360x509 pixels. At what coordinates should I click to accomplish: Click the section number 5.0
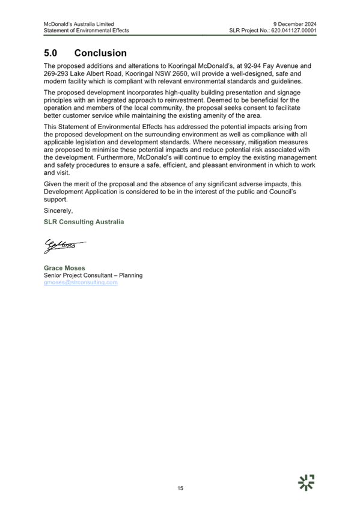[x=50, y=53]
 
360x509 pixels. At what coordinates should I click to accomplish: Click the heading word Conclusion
[x=100, y=53]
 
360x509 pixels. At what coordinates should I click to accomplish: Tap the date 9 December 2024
[x=294, y=24]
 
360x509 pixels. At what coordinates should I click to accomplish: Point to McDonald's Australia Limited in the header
[x=79, y=24]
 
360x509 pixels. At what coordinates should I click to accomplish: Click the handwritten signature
[x=65, y=246]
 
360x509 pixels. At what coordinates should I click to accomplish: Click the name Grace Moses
[x=64, y=268]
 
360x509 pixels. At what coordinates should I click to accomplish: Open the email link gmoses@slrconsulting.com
[x=81, y=282]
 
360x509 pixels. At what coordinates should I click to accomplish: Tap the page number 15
[x=180, y=488]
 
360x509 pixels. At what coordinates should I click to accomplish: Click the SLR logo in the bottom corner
[x=306, y=483]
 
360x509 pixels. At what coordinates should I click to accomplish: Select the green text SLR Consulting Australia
[x=84, y=222]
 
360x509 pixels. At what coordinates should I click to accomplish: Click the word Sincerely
[x=58, y=211]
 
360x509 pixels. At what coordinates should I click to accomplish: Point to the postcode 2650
[x=180, y=74]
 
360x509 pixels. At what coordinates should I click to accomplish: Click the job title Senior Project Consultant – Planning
[x=93, y=275]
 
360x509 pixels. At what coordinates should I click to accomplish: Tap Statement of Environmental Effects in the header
[x=87, y=31]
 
